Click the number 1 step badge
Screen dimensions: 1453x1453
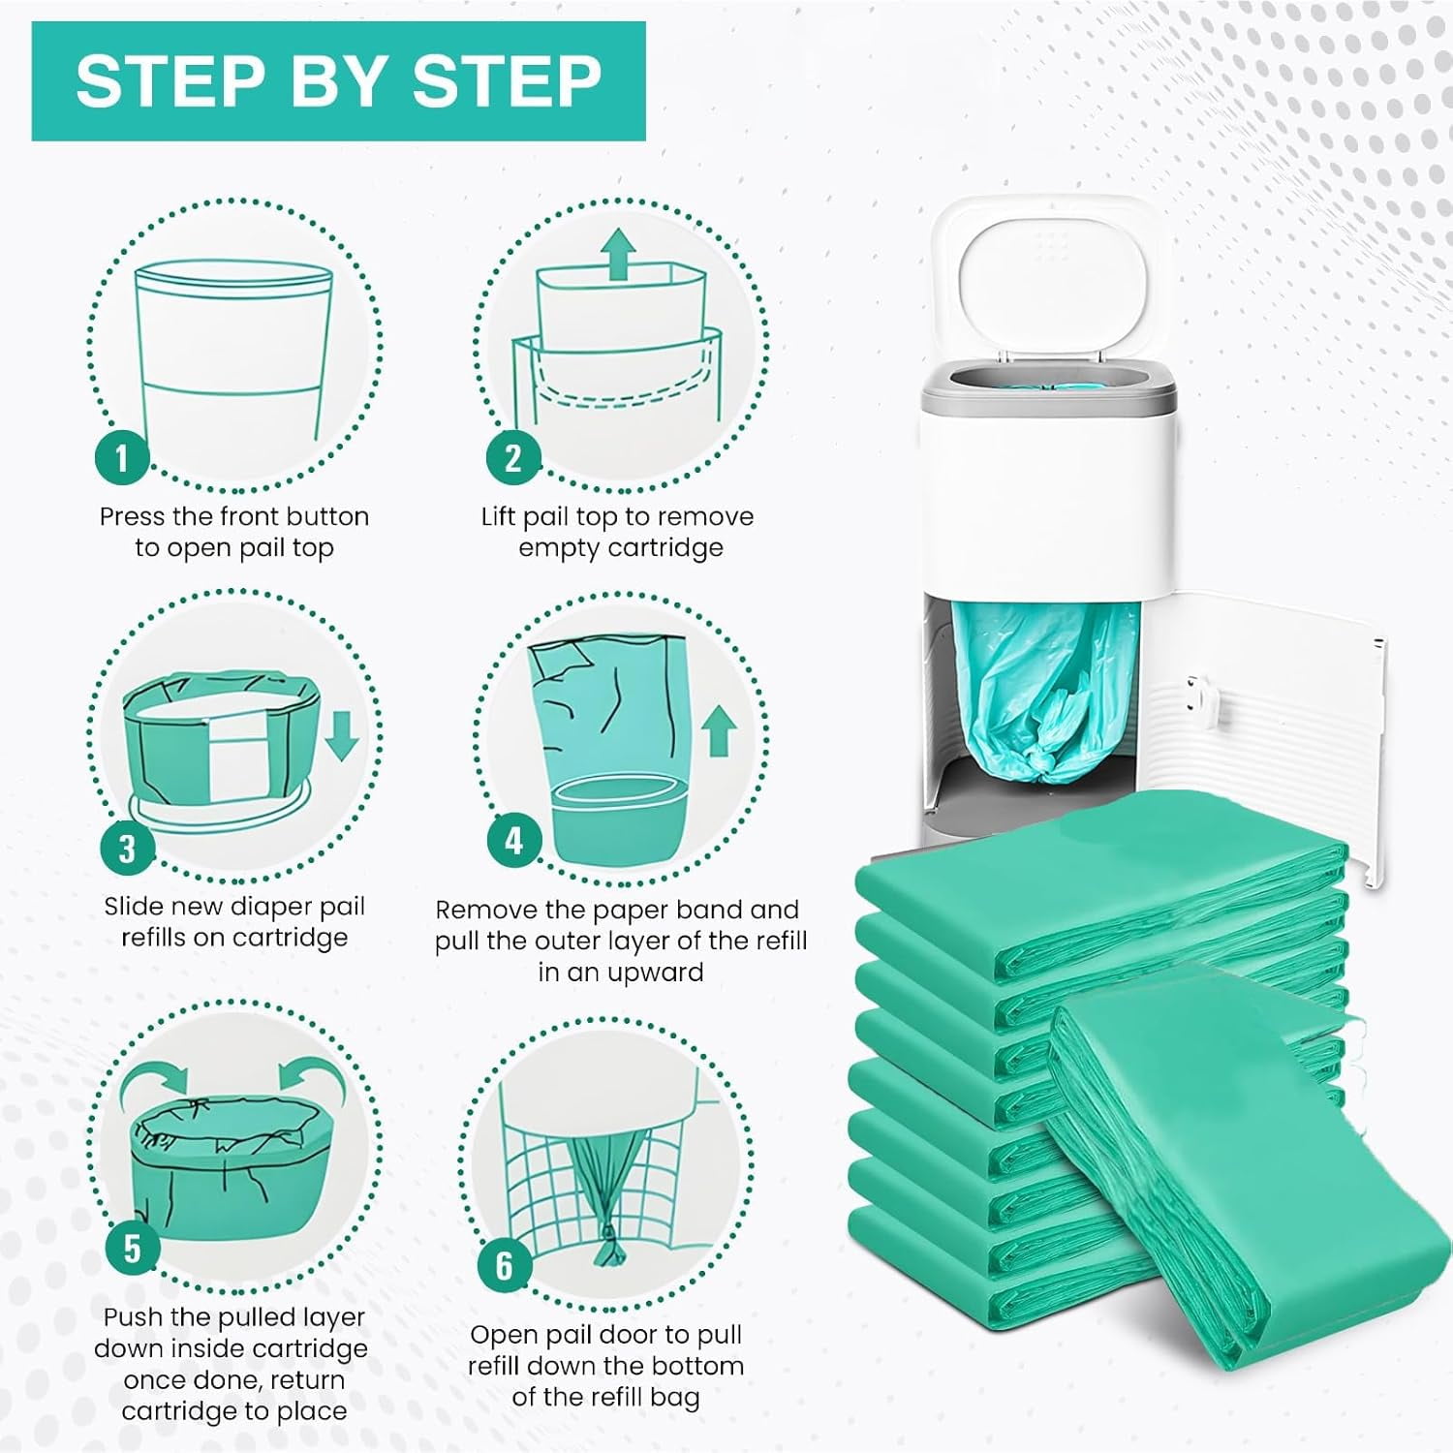pos(121,456)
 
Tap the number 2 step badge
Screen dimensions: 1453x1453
pos(512,456)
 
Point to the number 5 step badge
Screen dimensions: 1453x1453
pos(132,1248)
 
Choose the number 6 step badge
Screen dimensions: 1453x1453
pos(504,1265)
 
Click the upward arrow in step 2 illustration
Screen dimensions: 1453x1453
pos(617,254)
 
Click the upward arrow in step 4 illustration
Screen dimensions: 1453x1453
pos(718,730)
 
